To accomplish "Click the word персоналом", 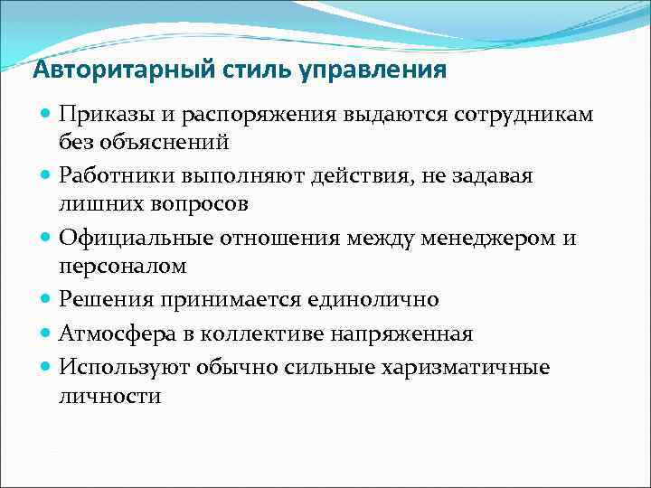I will click(122, 266).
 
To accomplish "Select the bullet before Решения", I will click(46, 299).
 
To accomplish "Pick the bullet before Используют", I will click(46, 368).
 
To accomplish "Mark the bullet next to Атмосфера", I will click(46, 333).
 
